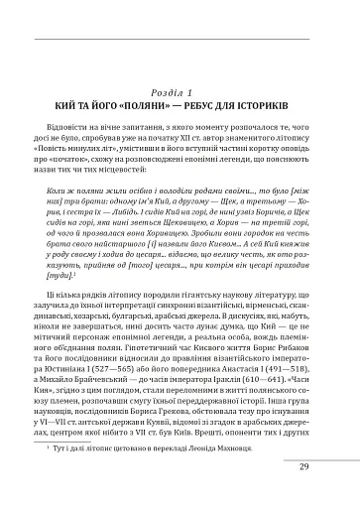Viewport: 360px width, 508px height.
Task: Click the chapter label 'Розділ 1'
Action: click(x=180, y=92)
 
